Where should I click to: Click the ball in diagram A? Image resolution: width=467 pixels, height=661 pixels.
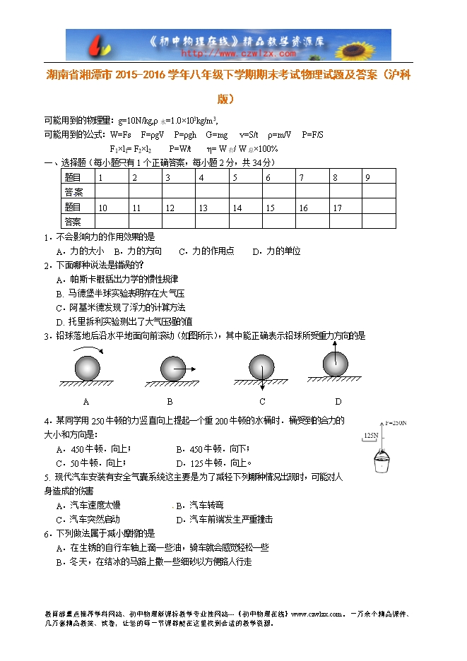88,369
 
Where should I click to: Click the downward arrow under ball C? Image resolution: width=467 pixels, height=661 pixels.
261,384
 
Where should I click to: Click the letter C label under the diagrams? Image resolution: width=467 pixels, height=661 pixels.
262,402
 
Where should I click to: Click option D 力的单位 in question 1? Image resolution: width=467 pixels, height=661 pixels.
278,251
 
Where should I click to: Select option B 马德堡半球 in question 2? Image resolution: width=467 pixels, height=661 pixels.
120,293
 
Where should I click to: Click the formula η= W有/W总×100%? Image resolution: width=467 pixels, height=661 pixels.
242,149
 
